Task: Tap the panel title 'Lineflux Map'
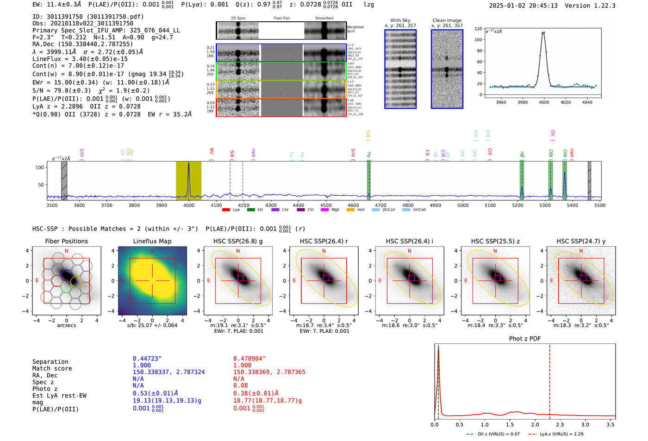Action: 152,241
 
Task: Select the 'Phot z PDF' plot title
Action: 525,339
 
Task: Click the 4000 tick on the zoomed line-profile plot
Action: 544,102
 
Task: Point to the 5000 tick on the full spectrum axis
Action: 463,205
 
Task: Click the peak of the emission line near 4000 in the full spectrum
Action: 188,164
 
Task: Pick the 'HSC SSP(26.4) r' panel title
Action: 324,241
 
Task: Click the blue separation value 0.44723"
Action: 147,359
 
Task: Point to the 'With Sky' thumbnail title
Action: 400,20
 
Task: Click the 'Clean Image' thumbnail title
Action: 447,20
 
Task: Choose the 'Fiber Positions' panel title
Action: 66,241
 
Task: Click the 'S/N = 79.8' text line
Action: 91,91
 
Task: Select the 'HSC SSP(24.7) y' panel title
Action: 581,241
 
